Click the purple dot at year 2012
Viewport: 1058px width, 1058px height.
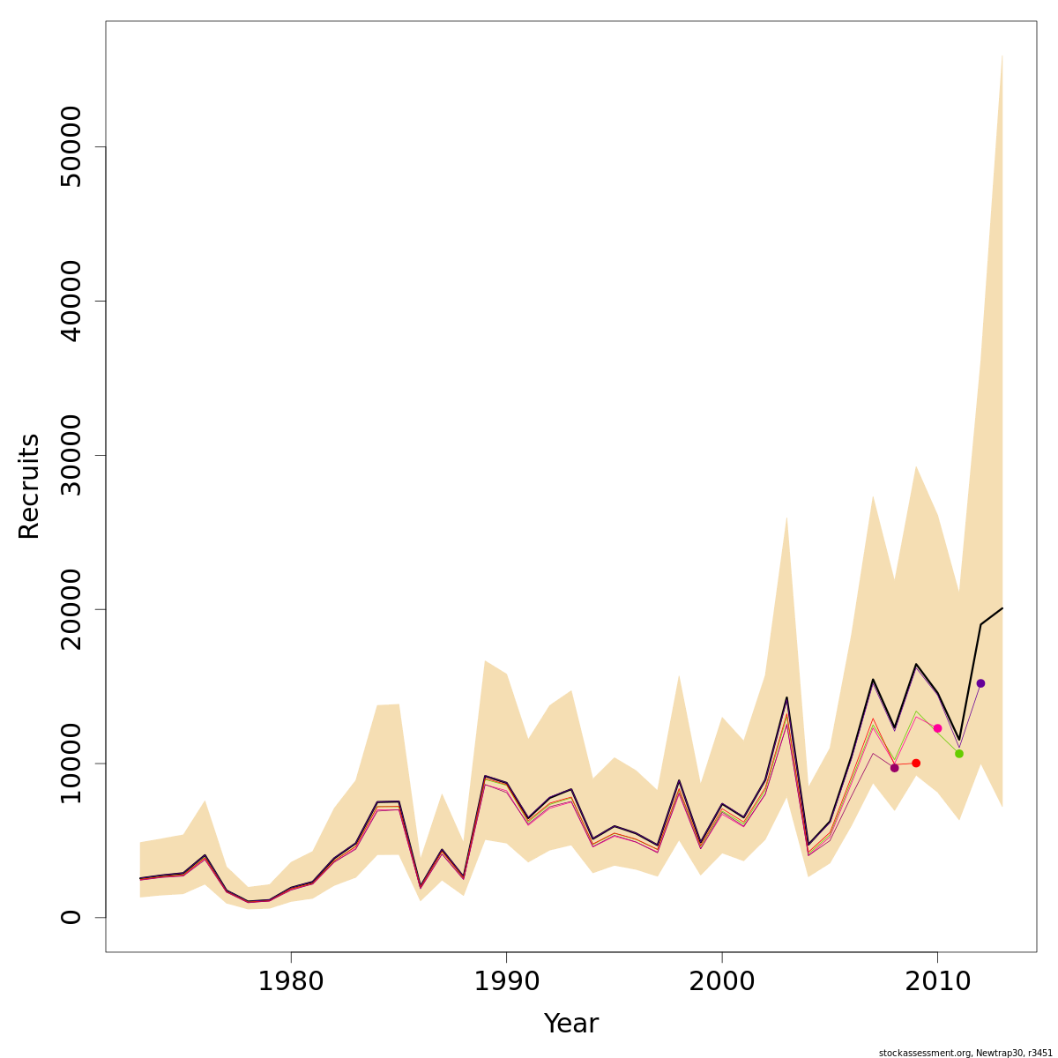tap(980, 683)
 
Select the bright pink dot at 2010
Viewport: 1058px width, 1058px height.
tap(937, 728)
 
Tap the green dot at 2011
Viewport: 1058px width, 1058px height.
tap(959, 754)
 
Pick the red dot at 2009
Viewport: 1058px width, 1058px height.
tap(916, 763)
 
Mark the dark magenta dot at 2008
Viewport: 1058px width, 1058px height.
tap(894, 768)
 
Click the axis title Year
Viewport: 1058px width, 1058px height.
tap(571, 1024)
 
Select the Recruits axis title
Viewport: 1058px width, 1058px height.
tap(29, 486)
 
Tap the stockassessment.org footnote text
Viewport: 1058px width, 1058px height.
tap(966, 1052)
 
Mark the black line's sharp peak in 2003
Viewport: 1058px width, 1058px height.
tap(786, 697)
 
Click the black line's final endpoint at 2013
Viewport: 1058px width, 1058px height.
tap(1002, 608)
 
